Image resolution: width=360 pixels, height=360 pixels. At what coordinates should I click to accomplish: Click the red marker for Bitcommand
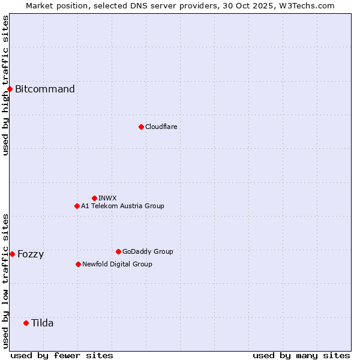[x=10, y=89]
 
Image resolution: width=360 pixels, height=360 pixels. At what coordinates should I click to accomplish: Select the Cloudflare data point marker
[x=141, y=127]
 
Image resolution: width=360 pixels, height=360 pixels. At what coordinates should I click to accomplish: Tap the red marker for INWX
[x=94, y=198]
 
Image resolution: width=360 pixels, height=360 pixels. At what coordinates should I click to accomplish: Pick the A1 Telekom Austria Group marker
[x=77, y=206]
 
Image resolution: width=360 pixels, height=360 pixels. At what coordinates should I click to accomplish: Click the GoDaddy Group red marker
[x=118, y=251]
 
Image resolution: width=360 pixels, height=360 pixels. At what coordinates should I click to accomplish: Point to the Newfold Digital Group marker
[x=78, y=264]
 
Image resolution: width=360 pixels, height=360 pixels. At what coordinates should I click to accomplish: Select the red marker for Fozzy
[x=12, y=254]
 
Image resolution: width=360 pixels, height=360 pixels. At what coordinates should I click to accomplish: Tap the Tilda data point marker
[x=26, y=323]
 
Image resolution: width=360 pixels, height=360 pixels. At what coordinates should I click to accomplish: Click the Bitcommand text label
[x=45, y=89]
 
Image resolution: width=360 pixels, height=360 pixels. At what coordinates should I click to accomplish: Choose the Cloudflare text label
[x=161, y=127]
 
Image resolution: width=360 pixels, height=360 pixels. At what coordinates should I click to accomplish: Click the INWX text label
[x=107, y=198]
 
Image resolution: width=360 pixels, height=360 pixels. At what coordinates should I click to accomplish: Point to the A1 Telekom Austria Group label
[x=122, y=206]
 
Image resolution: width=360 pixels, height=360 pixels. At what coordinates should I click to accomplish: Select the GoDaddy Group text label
[x=148, y=251]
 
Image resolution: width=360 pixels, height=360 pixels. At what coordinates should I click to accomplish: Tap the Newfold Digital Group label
[x=117, y=264]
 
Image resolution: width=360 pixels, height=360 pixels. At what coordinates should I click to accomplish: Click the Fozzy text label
[x=31, y=254]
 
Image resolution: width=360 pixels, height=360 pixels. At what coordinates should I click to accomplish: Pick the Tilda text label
[x=43, y=323]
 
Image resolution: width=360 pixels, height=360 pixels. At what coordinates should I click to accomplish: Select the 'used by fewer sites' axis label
[x=62, y=355]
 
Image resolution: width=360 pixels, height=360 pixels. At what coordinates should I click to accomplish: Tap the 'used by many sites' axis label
[x=301, y=355]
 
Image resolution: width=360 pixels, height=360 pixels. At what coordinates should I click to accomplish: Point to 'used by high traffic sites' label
[x=5, y=85]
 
